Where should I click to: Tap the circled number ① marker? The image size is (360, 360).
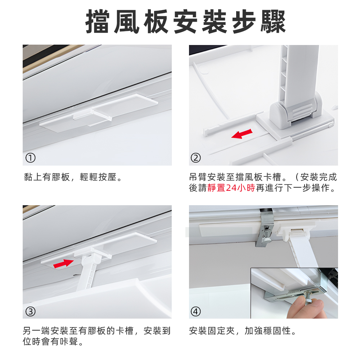pyautogui.click(x=31, y=158)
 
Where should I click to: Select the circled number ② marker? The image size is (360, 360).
pyautogui.click(x=196, y=158)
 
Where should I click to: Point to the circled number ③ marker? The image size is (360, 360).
pyautogui.click(x=31, y=311)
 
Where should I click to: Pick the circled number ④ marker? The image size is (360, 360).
pyautogui.click(x=196, y=311)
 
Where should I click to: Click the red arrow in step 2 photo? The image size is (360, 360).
pyautogui.click(x=242, y=134)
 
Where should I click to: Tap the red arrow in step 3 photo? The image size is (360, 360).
pyautogui.click(x=63, y=264)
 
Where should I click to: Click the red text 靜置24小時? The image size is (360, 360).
pyautogui.click(x=231, y=188)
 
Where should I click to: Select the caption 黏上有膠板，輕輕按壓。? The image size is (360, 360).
pyautogui.click(x=73, y=177)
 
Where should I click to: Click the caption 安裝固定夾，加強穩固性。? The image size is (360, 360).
pyautogui.click(x=243, y=331)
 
